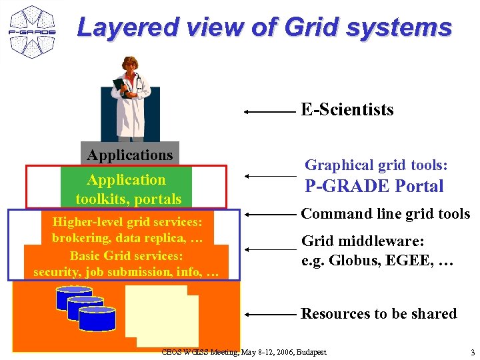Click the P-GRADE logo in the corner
click(31, 31)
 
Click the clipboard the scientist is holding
click(121, 87)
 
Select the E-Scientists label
click(347, 109)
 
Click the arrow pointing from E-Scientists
click(269, 112)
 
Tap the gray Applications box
click(130, 155)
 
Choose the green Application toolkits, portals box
click(127, 189)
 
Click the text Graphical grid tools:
click(376, 165)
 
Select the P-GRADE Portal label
click(374, 186)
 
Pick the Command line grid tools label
click(385, 214)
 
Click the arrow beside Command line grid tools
click(269, 215)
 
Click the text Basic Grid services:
click(126, 255)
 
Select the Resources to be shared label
click(379, 313)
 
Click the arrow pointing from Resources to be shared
click(269, 313)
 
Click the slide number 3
click(472, 352)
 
